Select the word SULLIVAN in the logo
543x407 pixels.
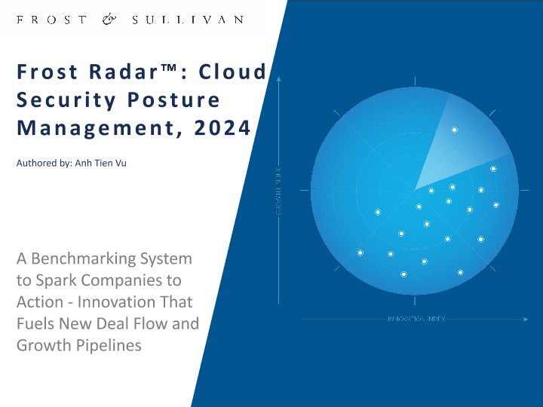[187, 20]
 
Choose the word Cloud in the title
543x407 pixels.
[234, 72]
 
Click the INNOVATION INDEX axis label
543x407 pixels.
[416, 320]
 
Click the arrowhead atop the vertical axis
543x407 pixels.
[278, 78]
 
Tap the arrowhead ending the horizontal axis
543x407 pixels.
[526, 320]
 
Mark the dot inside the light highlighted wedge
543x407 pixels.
[454, 130]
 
